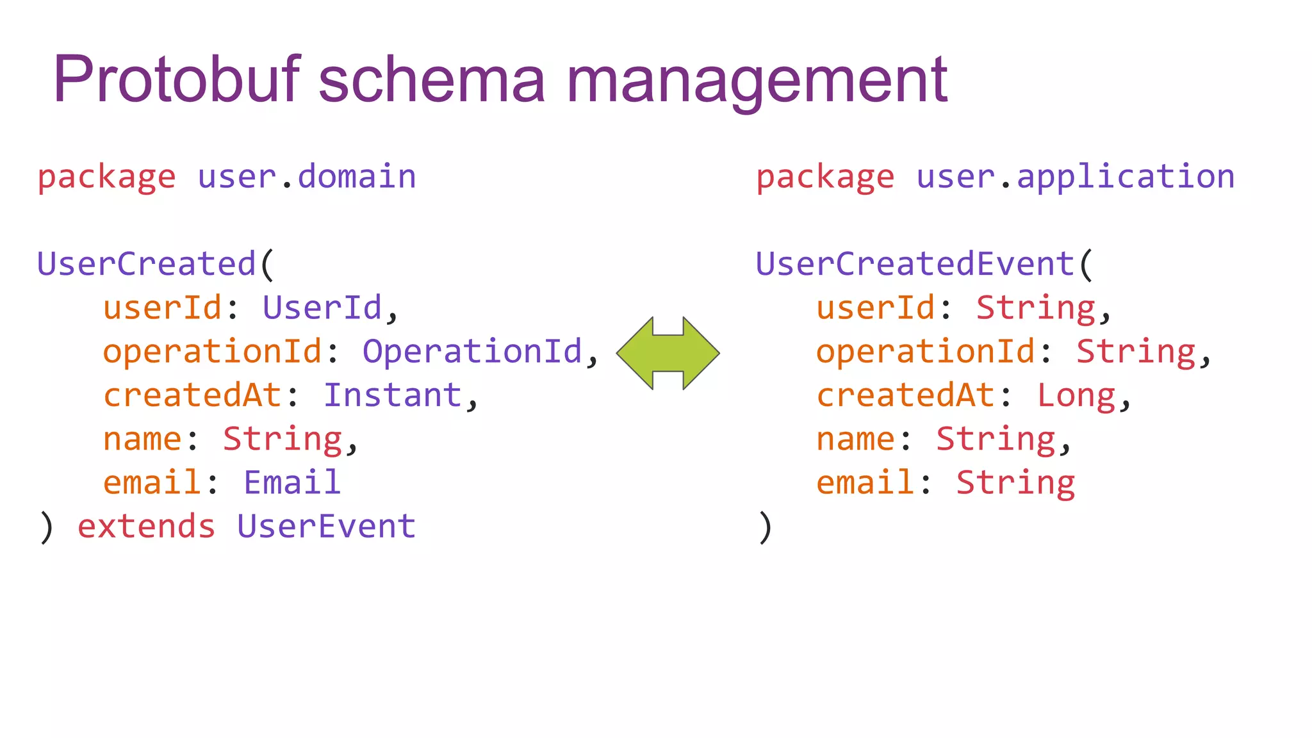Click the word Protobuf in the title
[x=176, y=79]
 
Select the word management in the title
[x=757, y=81]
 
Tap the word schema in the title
[x=432, y=79]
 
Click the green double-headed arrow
[x=668, y=353]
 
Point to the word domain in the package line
[x=357, y=177]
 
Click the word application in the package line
[x=1126, y=177]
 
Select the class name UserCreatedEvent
[x=915, y=264]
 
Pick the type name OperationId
[x=472, y=351]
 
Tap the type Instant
[x=392, y=395]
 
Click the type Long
[x=1076, y=395]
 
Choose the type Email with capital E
[x=291, y=482]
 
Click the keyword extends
[x=146, y=527]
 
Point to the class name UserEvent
[x=326, y=527]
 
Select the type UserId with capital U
[x=322, y=307]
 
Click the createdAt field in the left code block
[x=192, y=395]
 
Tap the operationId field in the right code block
[x=925, y=352]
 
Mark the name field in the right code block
[x=855, y=439]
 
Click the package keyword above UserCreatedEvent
[x=825, y=177]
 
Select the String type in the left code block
[x=282, y=439]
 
